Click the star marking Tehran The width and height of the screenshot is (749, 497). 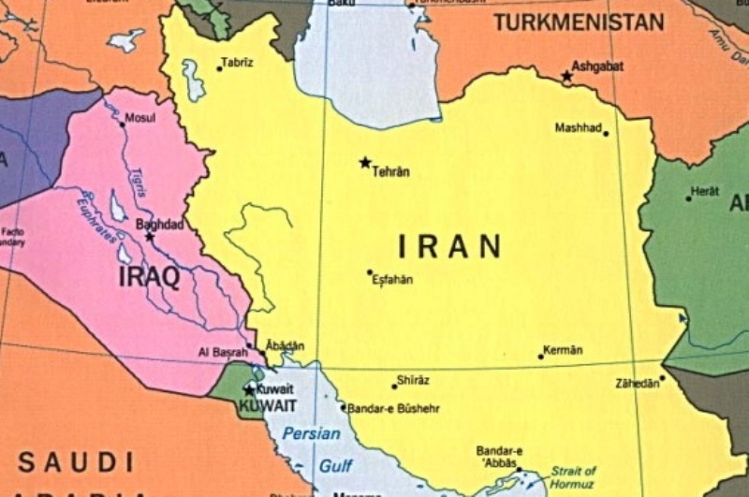point(365,162)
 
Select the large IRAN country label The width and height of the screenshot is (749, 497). point(449,247)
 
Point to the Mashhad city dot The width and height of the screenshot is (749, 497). point(606,134)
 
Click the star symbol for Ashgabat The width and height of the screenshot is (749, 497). point(566,75)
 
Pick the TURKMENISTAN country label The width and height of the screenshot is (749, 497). point(579,22)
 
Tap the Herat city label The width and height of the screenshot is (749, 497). point(704,191)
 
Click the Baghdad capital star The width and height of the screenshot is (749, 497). point(149,237)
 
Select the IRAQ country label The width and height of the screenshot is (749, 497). point(149,276)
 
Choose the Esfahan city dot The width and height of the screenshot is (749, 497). point(370,272)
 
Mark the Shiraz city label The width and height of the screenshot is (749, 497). point(413,379)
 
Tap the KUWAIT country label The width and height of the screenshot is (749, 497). point(268,405)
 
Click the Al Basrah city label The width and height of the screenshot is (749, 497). point(222,351)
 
